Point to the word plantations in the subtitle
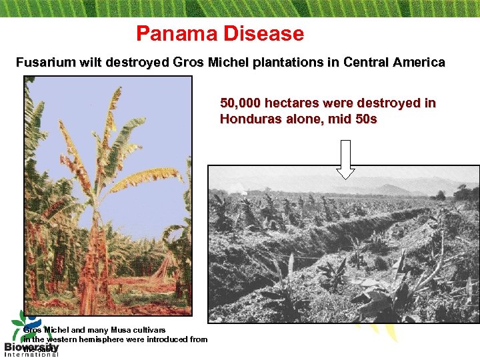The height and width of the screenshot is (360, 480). (x=280, y=63)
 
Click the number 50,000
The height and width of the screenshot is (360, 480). (x=241, y=103)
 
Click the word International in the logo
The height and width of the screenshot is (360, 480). (x=31, y=354)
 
